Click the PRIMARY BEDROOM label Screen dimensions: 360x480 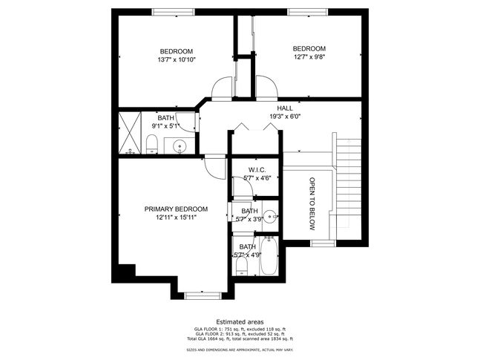click(176, 209)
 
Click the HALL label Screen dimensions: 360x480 click(285, 108)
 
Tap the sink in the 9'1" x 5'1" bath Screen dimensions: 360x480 click(180, 147)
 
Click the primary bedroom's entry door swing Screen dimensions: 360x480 click(215, 168)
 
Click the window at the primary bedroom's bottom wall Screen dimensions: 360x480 click(203, 295)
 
